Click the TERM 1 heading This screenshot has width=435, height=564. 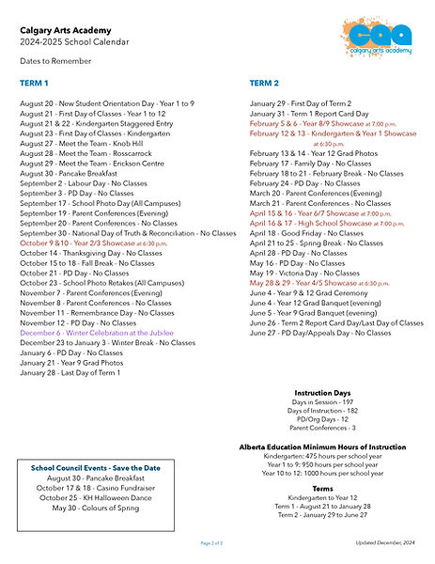[35, 84]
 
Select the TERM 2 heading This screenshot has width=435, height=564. [265, 84]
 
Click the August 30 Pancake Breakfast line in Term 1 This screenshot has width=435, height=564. [68, 173]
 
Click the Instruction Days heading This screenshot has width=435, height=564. [323, 392]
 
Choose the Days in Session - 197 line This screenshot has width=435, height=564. [323, 402]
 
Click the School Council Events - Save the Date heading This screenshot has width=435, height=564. [95, 467]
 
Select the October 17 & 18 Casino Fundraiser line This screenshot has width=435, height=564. [95, 488]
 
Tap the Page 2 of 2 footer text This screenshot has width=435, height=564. [211, 543]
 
